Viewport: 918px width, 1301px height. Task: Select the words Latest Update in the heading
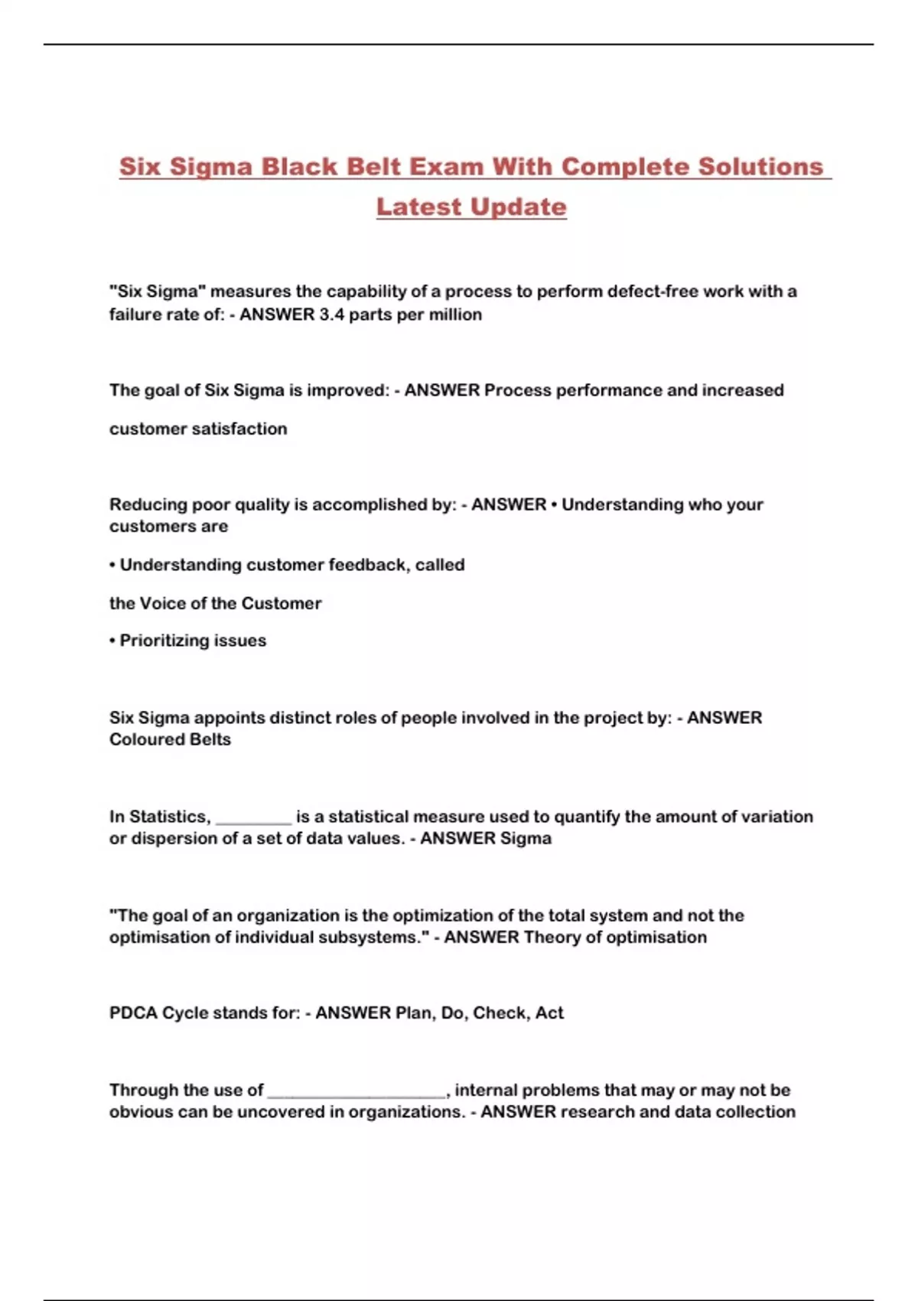(x=471, y=207)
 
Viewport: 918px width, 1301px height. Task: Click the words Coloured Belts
(x=170, y=739)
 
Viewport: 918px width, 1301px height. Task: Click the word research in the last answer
(x=595, y=1111)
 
